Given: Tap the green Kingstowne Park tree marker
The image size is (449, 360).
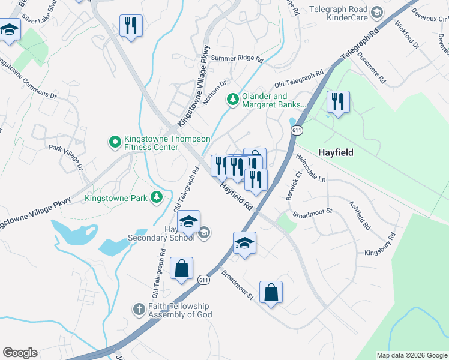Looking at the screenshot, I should (x=157, y=197).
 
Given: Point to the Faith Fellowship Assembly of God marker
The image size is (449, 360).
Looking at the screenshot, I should (x=137, y=310).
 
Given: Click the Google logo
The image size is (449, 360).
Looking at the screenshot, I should (x=20, y=353).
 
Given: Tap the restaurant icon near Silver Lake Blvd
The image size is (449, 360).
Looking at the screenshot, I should (x=131, y=26).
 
